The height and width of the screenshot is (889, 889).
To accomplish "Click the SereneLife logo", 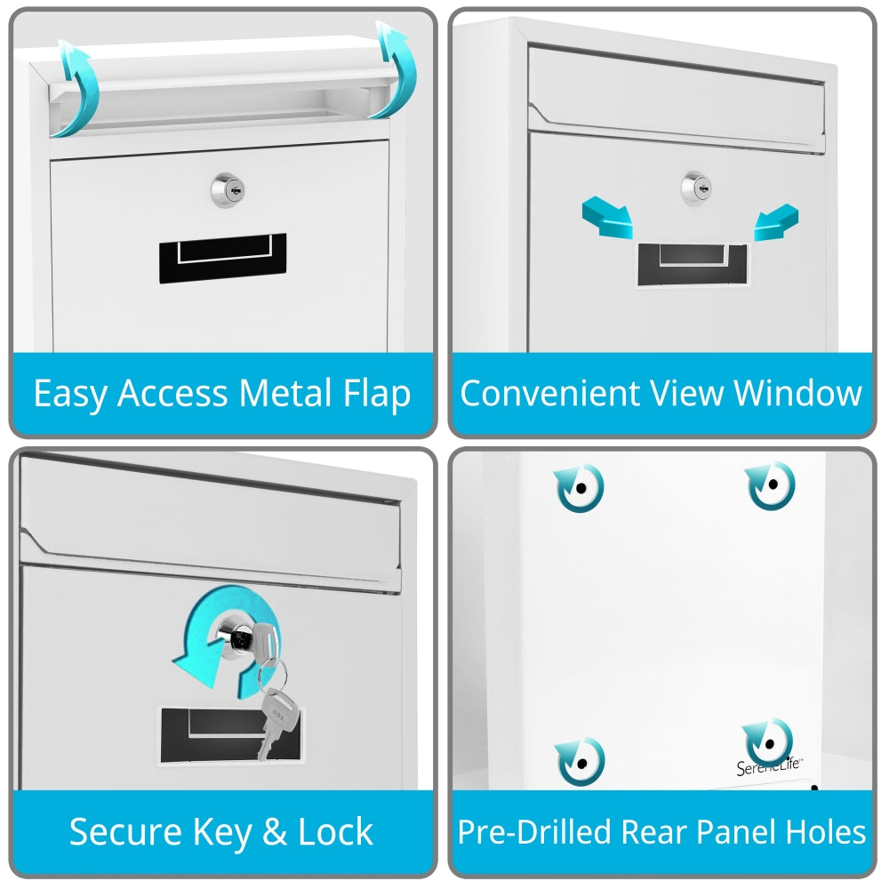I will [x=770, y=765].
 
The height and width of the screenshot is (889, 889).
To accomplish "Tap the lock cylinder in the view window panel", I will [x=697, y=188].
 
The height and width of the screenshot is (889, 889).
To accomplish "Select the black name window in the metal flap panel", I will [x=222, y=258].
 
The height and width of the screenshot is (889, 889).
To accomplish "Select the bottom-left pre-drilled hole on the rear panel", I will [x=581, y=762].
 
